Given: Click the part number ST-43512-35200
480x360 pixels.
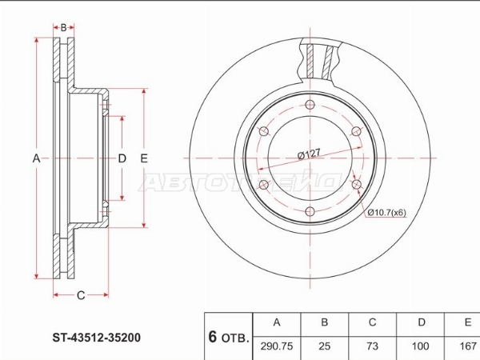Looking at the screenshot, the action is pyautogui.click(x=97, y=338).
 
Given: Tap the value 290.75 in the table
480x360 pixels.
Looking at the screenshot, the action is pyautogui.click(x=277, y=346).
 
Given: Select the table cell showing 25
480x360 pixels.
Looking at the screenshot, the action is pyautogui.click(x=325, y=346).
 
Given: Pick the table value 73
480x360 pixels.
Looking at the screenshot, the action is pyautogui.click(x=372, y=346).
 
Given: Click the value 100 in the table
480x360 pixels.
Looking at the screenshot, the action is pyautogui.click(x=420, y=346).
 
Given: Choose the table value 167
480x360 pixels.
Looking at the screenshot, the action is pyautogui.click(x=468, y=346).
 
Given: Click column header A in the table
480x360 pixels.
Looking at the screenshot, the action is pyautogui.click(x=277, y=322).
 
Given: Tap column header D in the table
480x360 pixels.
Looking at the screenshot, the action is pyautogui.click(x=422, y=322).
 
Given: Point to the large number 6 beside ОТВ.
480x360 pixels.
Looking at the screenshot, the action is pyautogui.click(x=213, y=337).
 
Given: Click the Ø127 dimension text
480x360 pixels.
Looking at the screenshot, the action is pyautogui.click(x=309, y=154).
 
